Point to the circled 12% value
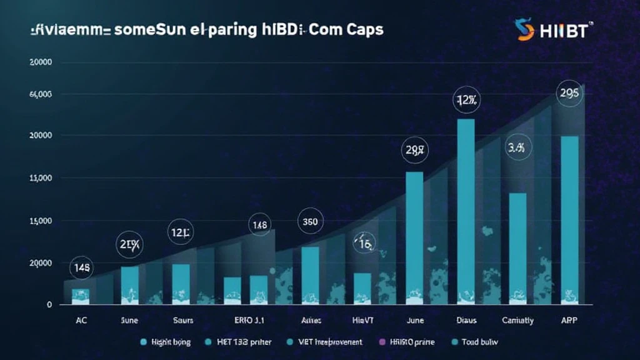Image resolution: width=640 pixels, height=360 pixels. (x=467, y=100)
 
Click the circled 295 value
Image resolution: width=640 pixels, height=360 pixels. (x=569, y=93)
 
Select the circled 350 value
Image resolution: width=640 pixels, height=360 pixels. (x=311, y=221)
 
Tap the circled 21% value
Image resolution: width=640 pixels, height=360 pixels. (x=130, y=245)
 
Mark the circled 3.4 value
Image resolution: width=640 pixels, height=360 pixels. (x=519, y=149)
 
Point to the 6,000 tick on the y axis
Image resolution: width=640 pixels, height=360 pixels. (x=40, y=94)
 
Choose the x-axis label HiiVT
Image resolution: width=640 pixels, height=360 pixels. (x=362, y=320)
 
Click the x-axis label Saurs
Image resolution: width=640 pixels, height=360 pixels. (x=182, y=320)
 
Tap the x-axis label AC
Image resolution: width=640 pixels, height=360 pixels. (x=81, y=320)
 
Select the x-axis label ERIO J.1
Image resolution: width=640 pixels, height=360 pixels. (x=251, y=320)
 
